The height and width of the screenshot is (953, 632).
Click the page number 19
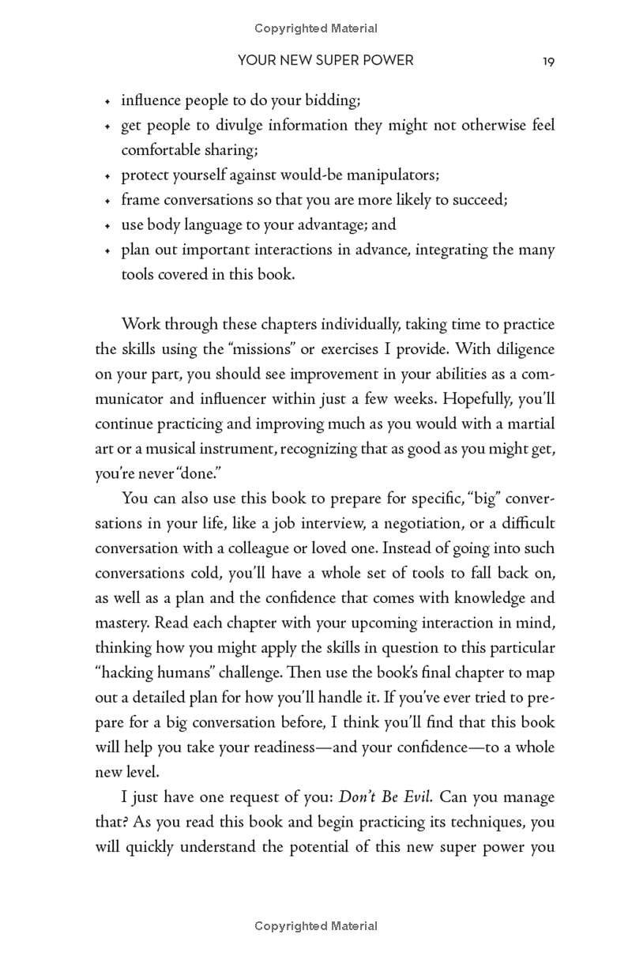tap(548, 61)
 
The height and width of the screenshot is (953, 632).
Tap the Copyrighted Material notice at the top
tap(316, 28)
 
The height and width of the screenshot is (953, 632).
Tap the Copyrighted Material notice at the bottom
tap(316, 925)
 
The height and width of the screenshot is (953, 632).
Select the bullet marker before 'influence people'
tap(107, 102)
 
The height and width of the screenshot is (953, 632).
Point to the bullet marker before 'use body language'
tap(107, 225)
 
